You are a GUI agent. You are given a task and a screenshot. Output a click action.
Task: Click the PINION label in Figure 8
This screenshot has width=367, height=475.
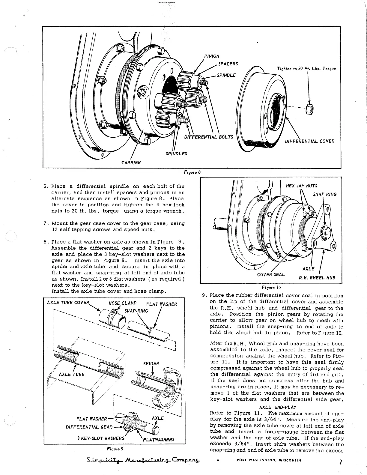(212, 56)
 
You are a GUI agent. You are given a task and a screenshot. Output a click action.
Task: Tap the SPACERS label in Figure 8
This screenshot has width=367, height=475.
(228, 64)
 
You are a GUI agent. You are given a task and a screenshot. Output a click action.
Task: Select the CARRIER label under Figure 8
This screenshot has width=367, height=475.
(131, 163)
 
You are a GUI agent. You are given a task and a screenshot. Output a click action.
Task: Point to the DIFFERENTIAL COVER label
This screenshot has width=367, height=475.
(309, 141)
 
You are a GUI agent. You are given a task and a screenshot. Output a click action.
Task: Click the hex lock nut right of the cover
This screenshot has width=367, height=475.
(309, 110)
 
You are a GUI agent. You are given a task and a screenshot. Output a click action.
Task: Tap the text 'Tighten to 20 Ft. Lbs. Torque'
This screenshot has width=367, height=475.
(307, 69)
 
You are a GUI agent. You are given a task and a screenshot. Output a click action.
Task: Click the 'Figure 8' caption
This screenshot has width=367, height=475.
(192, 172)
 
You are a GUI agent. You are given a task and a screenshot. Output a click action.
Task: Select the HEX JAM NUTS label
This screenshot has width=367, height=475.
(302, 186)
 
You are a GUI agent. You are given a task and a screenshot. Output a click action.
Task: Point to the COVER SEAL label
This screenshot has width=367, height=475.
(271, 275)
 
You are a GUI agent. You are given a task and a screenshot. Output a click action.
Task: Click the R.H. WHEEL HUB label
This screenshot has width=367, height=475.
(317, 278)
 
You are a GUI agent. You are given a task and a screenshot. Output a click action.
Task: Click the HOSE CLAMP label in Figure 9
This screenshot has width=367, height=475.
(122, 303)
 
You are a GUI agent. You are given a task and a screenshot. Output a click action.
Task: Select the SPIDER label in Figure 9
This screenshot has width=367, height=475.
(151, 364)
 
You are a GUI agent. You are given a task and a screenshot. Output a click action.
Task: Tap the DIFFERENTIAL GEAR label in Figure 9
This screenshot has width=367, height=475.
(89, 427)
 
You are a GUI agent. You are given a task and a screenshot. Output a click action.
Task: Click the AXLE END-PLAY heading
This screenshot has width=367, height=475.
(277, 407)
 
